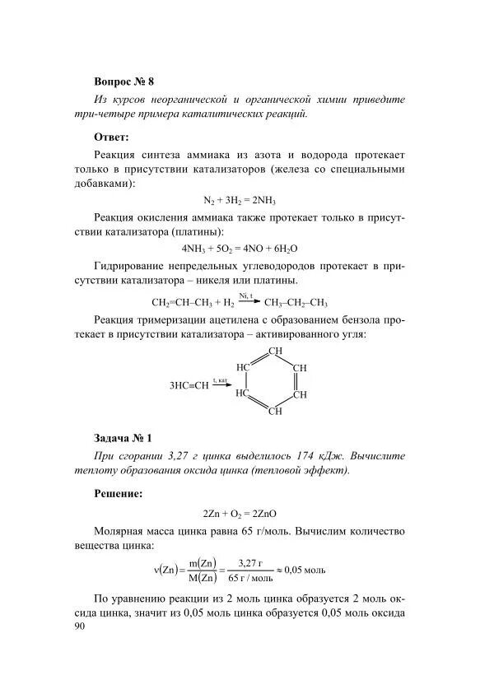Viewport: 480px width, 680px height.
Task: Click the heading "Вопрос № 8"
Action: [x=124, y=82]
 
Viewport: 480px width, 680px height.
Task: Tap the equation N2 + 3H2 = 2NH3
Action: [x=239, y=200]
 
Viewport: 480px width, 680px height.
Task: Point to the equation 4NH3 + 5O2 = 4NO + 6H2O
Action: [x=239, y=247]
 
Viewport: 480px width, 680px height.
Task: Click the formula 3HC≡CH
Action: [x=189, y=384]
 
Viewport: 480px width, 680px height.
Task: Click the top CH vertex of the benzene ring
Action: [x=276, y=352]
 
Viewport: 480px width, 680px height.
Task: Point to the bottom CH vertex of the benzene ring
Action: [x=276, y=410]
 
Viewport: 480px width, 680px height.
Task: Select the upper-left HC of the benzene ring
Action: [x=243, y=367]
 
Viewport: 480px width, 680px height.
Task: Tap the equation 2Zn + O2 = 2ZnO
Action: [x=239, y=512]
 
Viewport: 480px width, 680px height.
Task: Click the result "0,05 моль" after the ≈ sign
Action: [x=305, y=569]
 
